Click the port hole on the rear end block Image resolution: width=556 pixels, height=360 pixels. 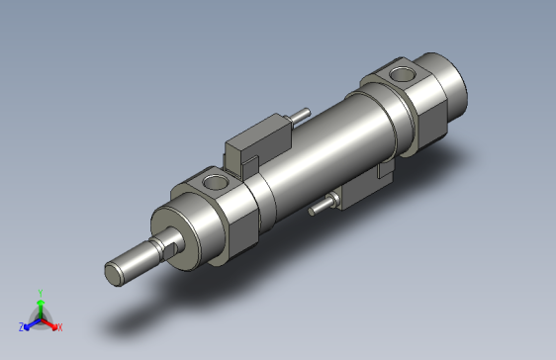(x=402, y=73)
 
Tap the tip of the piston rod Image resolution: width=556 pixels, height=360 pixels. (x=115, y=270)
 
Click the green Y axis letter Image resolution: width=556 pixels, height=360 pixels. (x=40, y=293)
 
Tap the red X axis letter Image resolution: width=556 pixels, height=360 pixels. (x=59, y=326)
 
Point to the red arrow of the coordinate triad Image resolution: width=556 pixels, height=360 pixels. (x=50, y=322)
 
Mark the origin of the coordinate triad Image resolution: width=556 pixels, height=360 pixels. (x=41, y=318)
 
